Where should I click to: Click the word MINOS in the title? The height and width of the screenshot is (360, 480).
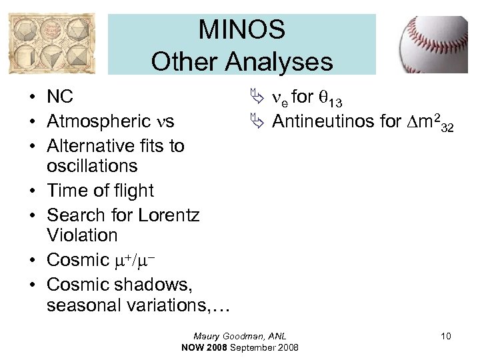click(x=241, y=30)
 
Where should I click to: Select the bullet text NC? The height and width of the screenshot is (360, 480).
click(x=60, y=97)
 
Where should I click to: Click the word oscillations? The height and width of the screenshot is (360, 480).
click(x=92, y=165)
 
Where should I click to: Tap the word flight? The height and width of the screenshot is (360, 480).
click(x=131, y=191)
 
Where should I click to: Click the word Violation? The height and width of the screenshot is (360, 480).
click(x=82, y=235)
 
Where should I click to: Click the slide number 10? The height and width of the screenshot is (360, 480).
click(x=445, y=336)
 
